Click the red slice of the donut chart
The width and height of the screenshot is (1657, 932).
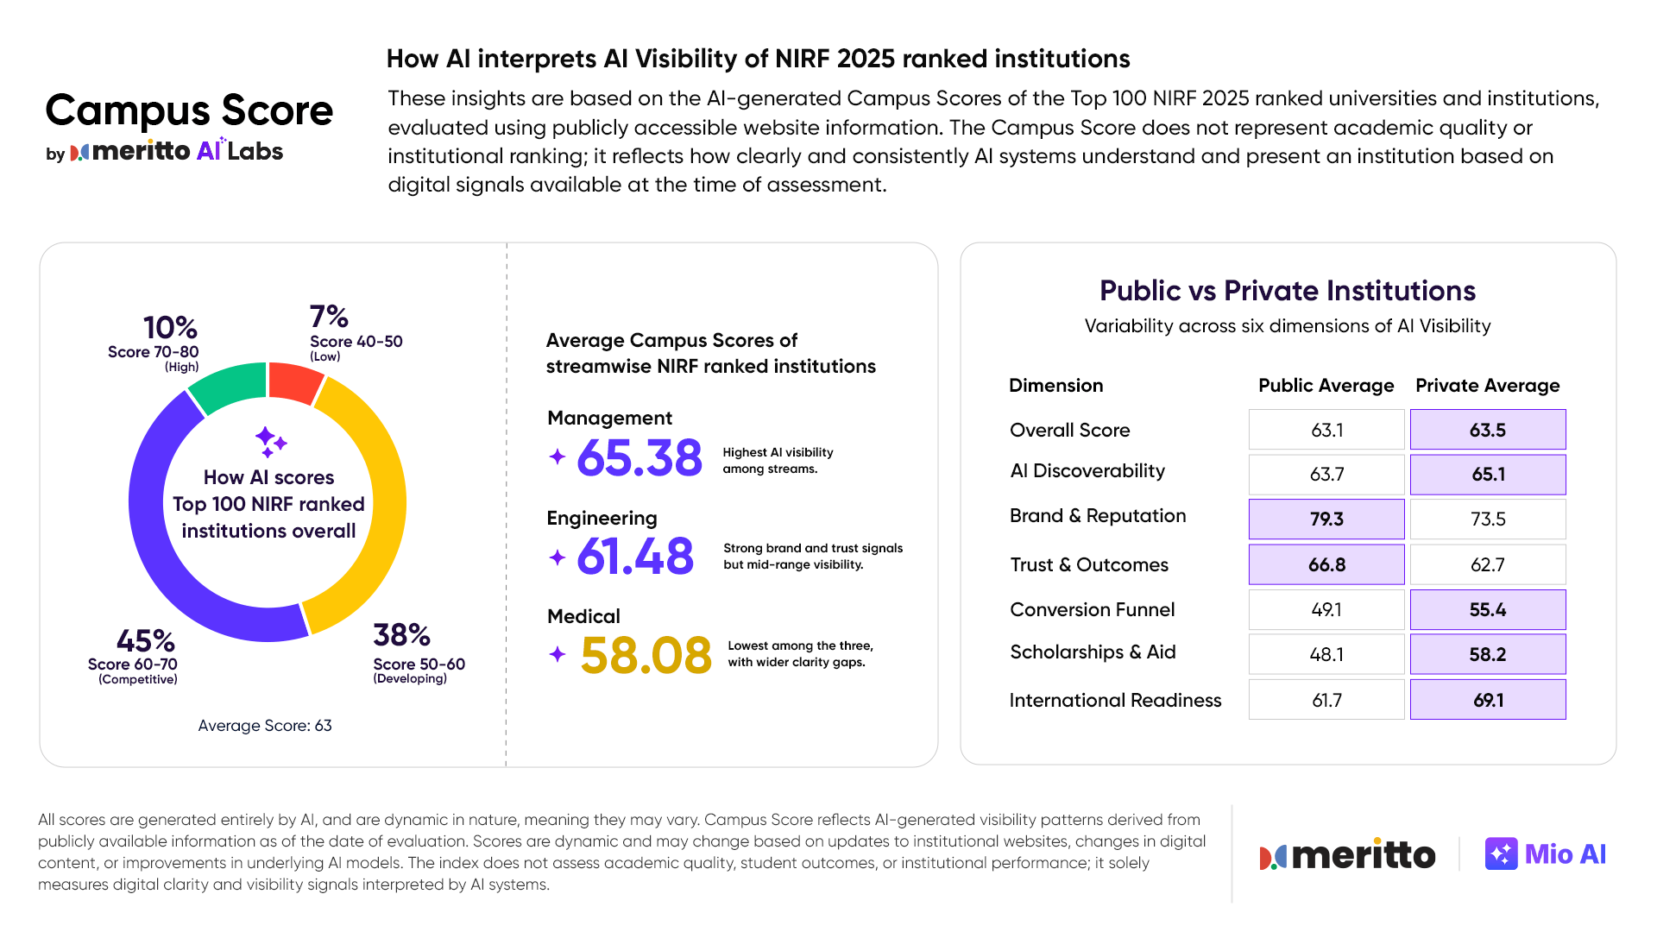pyautogui.click(x=293, y=382)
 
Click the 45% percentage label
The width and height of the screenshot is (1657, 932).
pyautogui.click(x=145, y=641)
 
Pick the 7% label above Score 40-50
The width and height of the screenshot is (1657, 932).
pyautogui.click(x=329, y=316)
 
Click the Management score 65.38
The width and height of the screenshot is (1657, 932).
pyautogui.click(x=639, y=457)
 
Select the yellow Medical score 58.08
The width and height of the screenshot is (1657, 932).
pyautogui.click(x=646, y=655)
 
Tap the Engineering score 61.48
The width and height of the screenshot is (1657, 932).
pyautogui.click(x=634, y=556)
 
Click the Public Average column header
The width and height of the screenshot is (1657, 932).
pyautogui.click(x=1326, y=385)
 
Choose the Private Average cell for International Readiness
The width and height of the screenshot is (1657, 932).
pyautogui.click(x=1488, y=700)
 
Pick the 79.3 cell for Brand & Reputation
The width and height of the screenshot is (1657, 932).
pyautogui.click(x=1326, y=519)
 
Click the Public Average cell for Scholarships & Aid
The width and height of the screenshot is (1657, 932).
pyautogui.click(x=1326, y=654)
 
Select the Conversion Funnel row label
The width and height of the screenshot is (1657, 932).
pyautogui.click(x=1092, y=609)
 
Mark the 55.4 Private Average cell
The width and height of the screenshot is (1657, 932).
pyautogui.click(x=1488, y=609)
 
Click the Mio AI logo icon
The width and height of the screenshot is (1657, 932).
pyautogui.click(x=1501, y=853)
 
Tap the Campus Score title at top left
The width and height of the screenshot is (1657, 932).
pyautogui.click(x=189, y=110)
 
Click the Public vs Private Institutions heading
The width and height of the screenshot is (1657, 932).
pyautogui.click(x=1287, y=291)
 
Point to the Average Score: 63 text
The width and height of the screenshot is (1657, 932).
pyautogui.click(x=265, y=726)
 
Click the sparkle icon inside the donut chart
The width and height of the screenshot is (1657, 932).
pyautogui.click(x=270, y=441)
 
